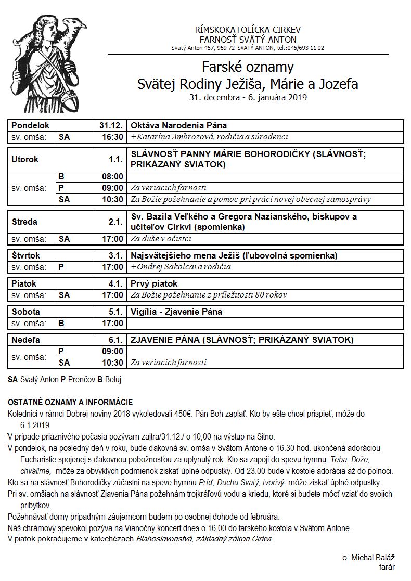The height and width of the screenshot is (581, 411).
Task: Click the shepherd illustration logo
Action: coord(49,62)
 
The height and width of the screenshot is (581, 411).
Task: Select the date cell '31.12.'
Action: coord(111,126)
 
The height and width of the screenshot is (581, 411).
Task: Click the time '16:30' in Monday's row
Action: coord(112,137)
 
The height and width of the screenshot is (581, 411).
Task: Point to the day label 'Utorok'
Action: coord(25,160)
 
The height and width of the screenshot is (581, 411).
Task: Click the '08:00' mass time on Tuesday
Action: coord(112,176)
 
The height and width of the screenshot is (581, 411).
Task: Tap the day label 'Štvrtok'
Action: coord(26,256)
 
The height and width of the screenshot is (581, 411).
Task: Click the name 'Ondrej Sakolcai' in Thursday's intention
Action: coord(164,267)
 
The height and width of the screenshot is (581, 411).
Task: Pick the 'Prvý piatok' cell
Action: coord(154,284)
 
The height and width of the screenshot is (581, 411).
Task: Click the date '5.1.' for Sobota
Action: coord(115,312)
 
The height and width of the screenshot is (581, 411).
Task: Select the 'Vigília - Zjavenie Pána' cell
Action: coord(176,312)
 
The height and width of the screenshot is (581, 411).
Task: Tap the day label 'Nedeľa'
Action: coord(26,340)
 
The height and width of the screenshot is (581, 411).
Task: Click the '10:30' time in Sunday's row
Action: coord(112,363)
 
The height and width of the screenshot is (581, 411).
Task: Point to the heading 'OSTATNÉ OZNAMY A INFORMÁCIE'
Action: coord(70,402)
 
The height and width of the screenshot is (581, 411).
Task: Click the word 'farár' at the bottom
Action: coord(384,566)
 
